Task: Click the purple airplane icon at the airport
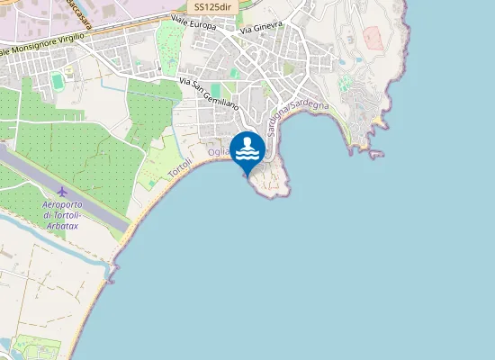tap(62, 191)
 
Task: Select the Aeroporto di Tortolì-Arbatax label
tap(75, 216)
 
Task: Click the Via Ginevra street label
tap(262, 28)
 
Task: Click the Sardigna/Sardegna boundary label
tap(298, 118)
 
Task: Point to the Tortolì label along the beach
tap(180, 163)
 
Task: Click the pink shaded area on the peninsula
tap(373, 37)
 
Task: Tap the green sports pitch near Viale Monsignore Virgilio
tap(58, 82)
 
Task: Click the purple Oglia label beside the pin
tap(219, 152)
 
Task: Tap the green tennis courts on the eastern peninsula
tap(344, 83)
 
